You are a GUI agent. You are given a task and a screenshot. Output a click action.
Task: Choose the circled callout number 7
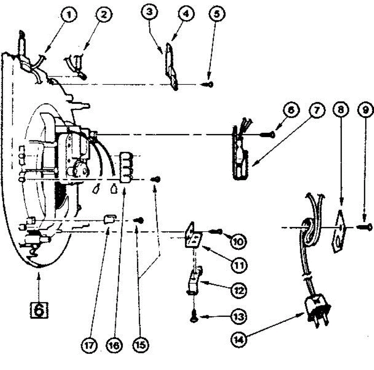pos(316,111)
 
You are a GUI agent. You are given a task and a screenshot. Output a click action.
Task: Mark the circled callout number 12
pos(239,291)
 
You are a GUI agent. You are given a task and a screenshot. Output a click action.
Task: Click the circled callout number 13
pos(239,317)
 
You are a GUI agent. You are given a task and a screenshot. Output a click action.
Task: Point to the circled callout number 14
pos(238,338)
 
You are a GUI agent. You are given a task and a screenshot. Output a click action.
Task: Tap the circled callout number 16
pos(115,345)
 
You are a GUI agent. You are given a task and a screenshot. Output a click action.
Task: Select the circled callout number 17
pos(90,345)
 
